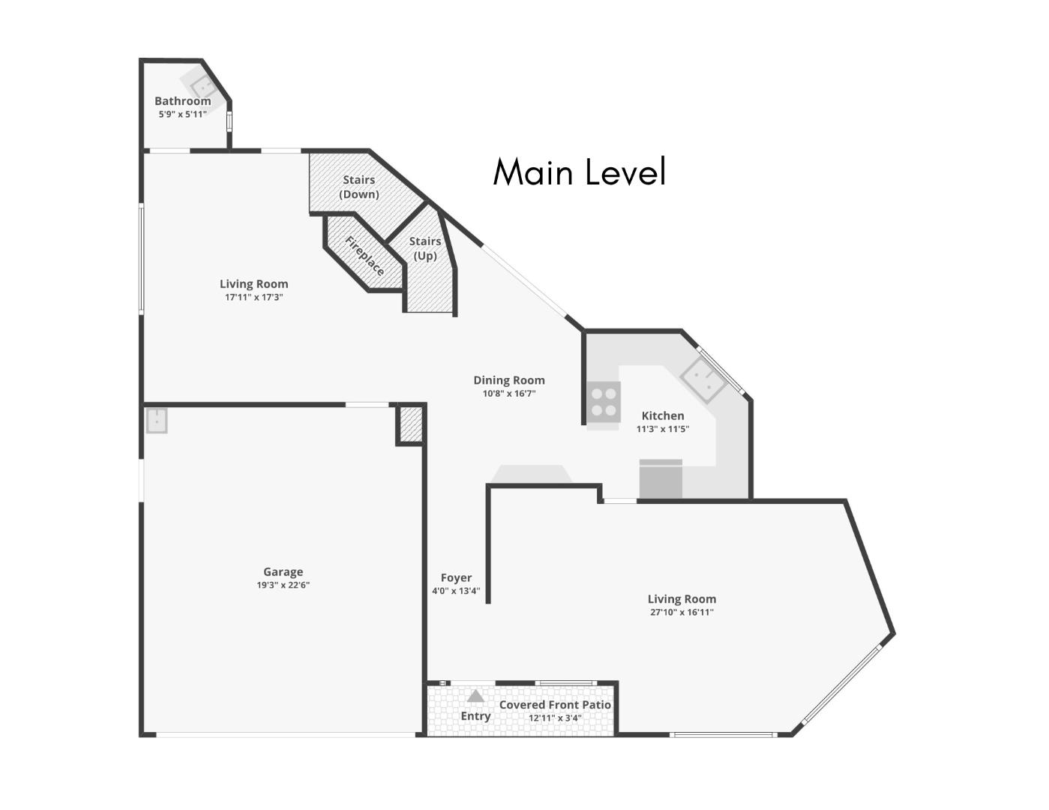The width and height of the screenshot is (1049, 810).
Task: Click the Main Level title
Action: click(579, 172)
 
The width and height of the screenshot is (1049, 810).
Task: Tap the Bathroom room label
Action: click(182, 100)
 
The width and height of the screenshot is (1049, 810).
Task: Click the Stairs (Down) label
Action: click(358, 187)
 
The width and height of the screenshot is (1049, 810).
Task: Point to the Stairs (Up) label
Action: click(424, 248)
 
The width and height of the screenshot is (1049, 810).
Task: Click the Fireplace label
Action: click(364, 256)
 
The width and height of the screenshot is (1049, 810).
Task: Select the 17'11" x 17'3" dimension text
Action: click(253, 298)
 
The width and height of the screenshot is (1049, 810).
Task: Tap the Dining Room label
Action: click(508, 380)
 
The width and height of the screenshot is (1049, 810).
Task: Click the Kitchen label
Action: click(662, 415)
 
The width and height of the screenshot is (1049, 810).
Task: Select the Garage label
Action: click(283, 571)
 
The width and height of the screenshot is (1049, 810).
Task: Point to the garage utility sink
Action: click(157, 421)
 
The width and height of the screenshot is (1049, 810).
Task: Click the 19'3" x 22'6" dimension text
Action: click(283, 585)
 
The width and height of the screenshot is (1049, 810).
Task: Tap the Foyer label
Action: click(456, 577)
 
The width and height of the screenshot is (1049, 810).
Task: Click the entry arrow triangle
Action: click(475, 696)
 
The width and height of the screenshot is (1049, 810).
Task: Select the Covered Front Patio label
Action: click(554, 705)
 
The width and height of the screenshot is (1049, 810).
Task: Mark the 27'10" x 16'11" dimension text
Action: click(681, 612)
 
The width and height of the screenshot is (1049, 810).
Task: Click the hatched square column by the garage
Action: click(410, 424)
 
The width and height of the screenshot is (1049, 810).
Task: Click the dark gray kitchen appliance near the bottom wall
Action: click(661, 480)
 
